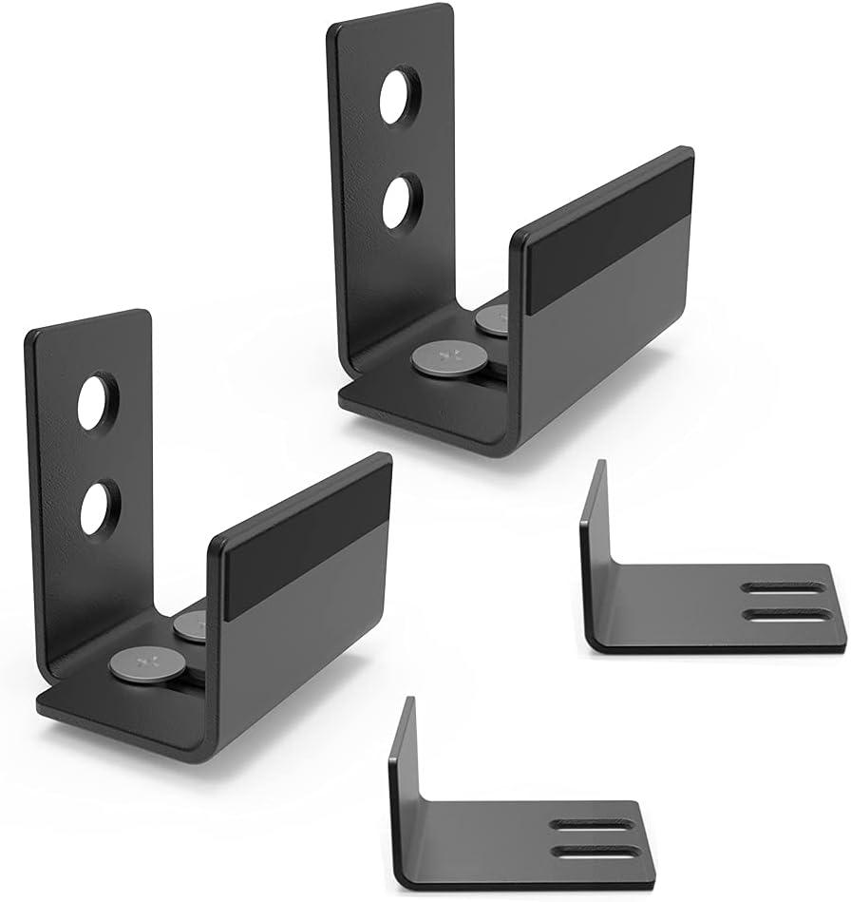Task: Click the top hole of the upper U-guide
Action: [400, 95]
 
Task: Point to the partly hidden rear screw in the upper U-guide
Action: [493, 320]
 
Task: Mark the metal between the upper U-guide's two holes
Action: [401, 148]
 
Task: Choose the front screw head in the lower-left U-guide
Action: [147, 661]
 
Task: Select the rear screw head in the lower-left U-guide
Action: [191, 624]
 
